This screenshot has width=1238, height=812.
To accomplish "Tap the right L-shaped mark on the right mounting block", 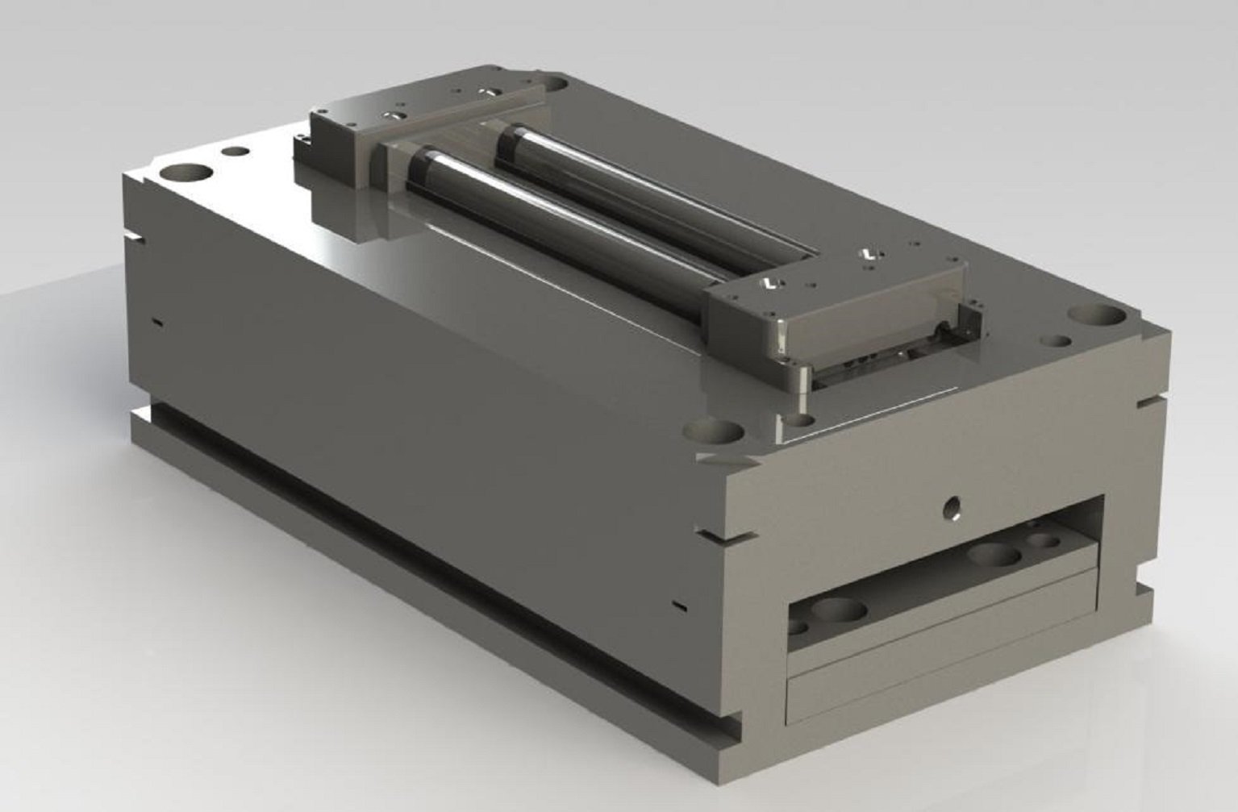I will tap(868, 254).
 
